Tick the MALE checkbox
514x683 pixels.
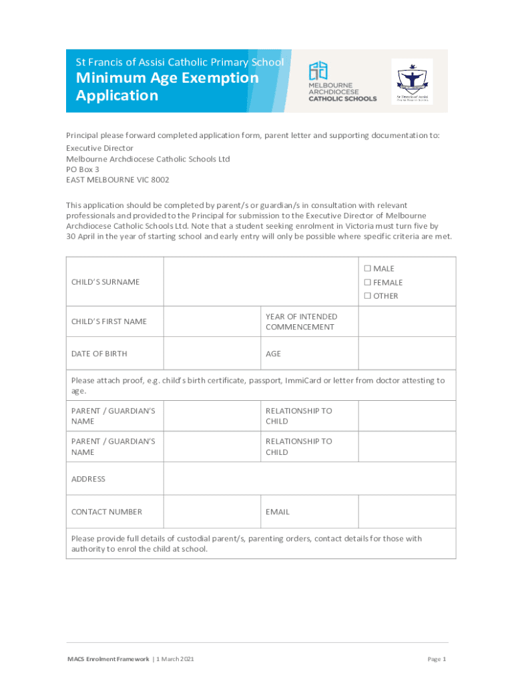click(x=367, y=269)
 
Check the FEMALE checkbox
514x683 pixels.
click(x=367, y=282)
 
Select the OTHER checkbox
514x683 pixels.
click(x=367, y=295)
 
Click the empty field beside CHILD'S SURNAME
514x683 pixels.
click(x=261, y=281)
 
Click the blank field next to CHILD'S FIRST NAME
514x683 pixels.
click(x=212, y=321)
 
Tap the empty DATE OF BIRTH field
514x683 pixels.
click(x=212, y=354)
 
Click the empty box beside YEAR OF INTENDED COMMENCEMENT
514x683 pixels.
click(x=407, y=321)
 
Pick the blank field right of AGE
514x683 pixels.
click(x=407, y=354)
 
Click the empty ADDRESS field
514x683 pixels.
click(x=310, y=479)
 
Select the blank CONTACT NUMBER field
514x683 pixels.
click(x=212, y=512)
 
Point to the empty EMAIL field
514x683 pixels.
click(x=407, y=512)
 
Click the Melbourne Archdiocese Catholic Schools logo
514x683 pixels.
click(x=342, y=81)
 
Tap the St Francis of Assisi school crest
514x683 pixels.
click(x=412, y=81)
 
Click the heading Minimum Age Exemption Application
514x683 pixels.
click(x=167, y=87)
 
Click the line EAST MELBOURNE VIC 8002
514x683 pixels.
click(x=117, y=180)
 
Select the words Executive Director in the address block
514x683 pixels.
click(x=99, y=148)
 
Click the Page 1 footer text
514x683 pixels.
click(x=437, y=659)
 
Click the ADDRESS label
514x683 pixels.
click(x=88, y=479)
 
